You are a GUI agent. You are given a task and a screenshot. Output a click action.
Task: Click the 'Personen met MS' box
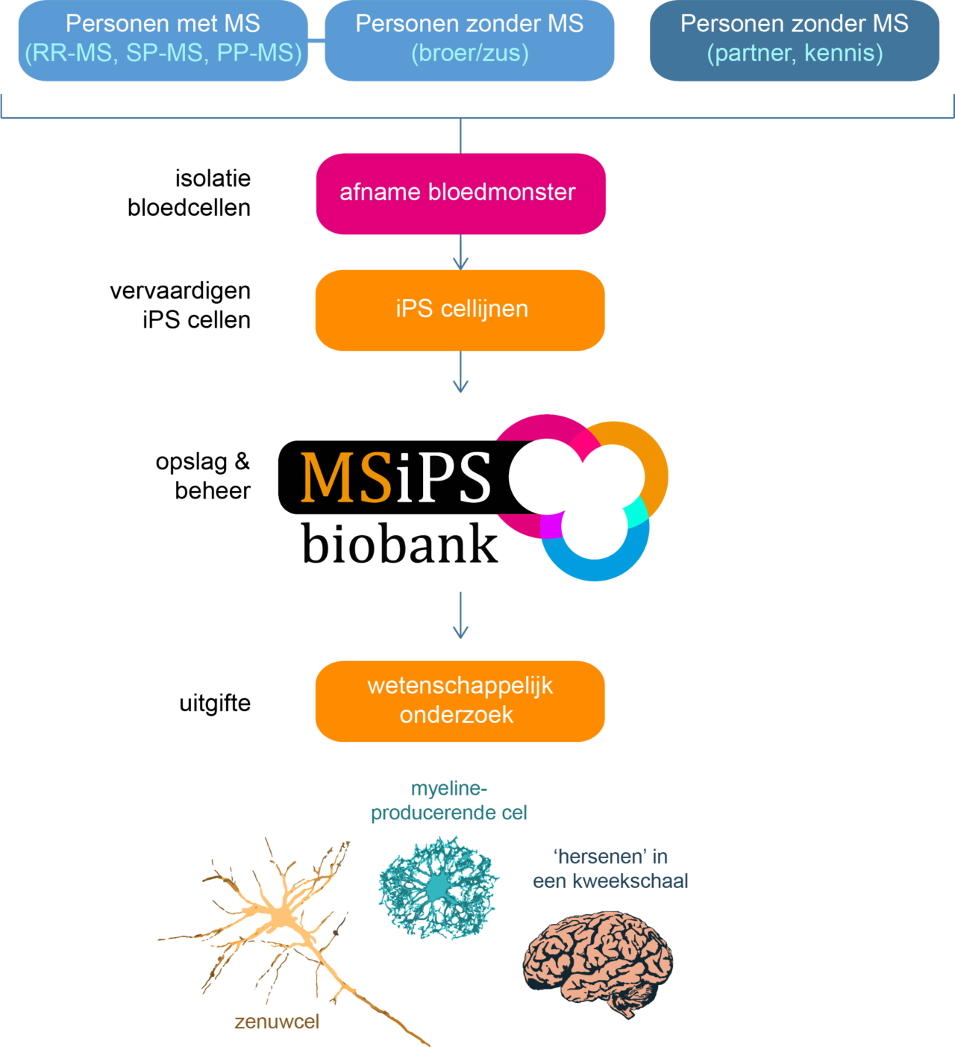click(163, 40)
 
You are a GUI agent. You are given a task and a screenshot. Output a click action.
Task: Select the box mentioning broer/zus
click(469, 40)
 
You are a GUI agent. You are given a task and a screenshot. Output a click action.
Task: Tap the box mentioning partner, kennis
click(795, 40)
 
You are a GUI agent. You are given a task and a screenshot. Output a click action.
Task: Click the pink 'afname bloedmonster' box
click(460, 193)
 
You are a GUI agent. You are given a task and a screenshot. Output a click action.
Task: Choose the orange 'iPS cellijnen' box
click(460, 310)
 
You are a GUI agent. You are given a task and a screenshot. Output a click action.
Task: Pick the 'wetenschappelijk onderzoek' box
click(460, 701)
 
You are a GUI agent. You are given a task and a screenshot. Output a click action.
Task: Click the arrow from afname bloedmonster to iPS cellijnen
click(460, 254)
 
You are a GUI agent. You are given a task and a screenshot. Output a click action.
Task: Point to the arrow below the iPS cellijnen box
click(460, 373)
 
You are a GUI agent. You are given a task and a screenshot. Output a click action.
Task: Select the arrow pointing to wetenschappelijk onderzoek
click(460, 616)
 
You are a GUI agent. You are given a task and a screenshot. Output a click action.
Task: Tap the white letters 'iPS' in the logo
click(443, 478)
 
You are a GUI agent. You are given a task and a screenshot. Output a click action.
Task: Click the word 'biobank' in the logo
click(399, 543)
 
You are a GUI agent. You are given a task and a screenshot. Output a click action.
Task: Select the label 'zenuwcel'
click(277, 1022)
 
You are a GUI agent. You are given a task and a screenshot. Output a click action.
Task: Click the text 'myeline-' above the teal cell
click(448, 789)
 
